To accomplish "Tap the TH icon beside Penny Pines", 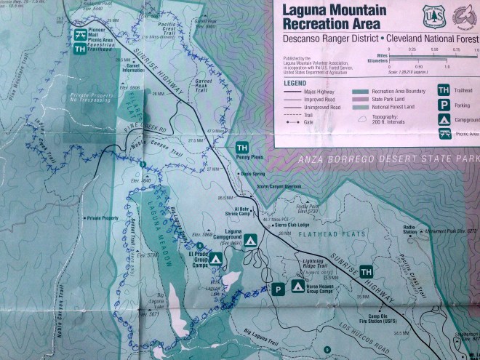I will coord(243,148).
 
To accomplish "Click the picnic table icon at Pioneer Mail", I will coord(79,34).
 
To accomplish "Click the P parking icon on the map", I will coord(278,289).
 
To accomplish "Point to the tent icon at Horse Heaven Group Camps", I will coord(297,287).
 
